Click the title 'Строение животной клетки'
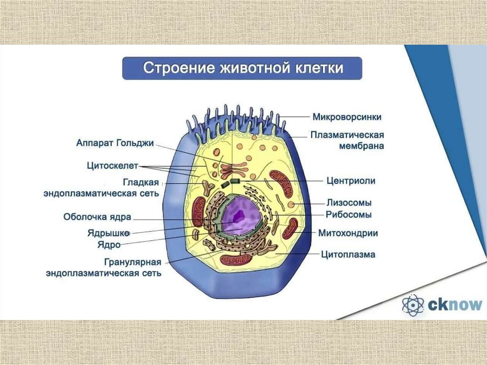[243, 68]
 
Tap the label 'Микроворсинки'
[347, 117]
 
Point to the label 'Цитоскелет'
[112, 166]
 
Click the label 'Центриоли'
[351, 181]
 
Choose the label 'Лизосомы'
[349, 202]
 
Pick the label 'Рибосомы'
[349, 215]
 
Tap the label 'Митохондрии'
[348, 233]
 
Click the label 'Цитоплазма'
[348, 255]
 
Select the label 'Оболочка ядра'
[97, 217]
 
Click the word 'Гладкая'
[141, 183]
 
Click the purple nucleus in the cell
[240, 217]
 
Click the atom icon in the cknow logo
[412, 305]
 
